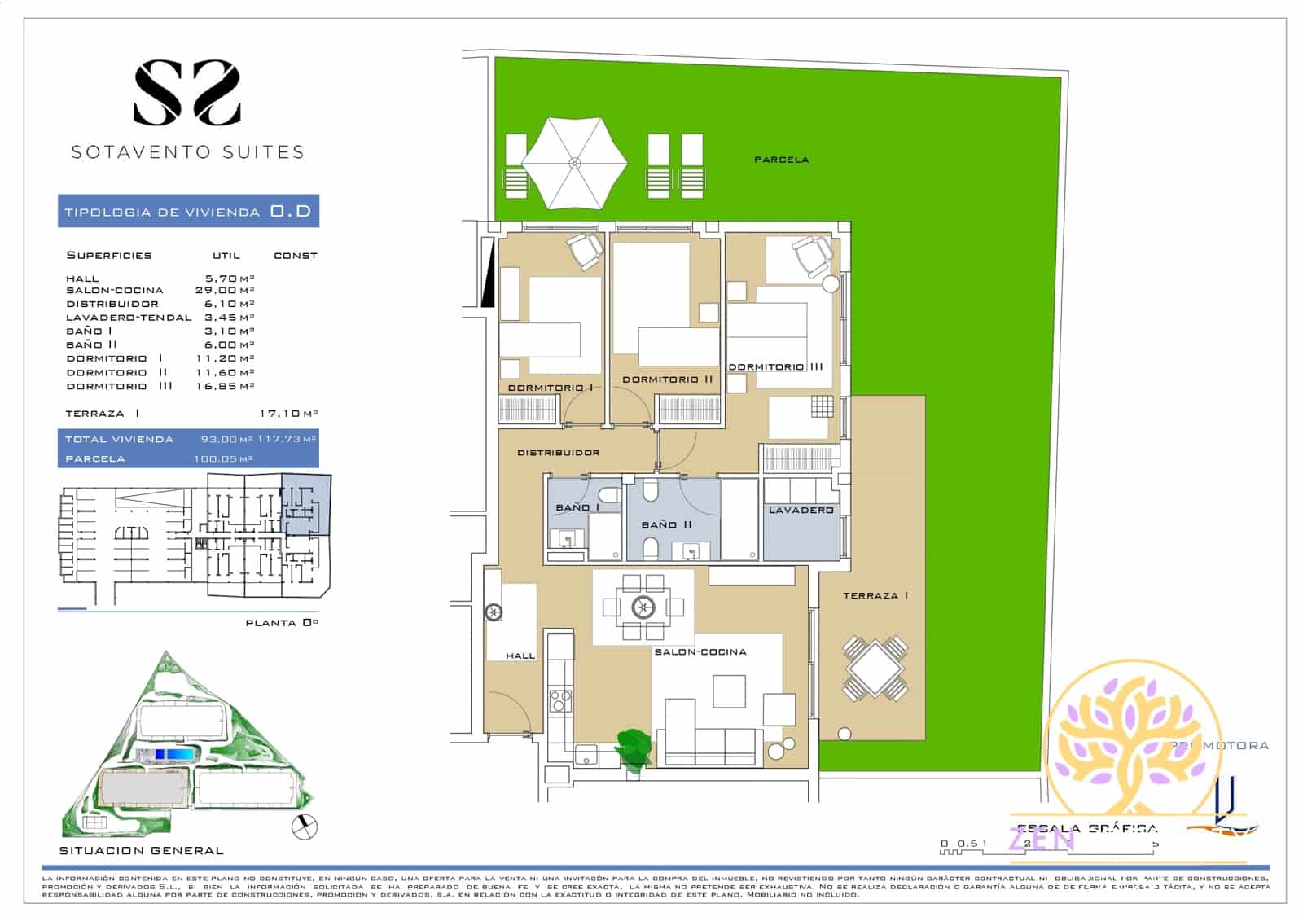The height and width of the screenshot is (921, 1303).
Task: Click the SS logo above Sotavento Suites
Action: coord(186,94)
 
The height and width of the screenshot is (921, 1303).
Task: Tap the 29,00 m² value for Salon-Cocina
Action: coord(225,290)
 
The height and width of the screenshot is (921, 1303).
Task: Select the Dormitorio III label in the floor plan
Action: coord(775,367)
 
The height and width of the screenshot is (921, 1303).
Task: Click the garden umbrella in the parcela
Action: coord(574,163)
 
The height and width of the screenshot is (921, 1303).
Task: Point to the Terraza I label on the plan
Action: coord(875,596)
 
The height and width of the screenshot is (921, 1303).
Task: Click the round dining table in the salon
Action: coord(643,607)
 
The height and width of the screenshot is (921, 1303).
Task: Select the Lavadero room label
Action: coord(801,511)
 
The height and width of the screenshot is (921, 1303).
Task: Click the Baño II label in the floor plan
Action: coord(666,524)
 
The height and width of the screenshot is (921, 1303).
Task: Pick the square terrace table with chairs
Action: coord(875,669)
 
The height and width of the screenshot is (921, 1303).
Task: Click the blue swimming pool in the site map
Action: coord(175,755)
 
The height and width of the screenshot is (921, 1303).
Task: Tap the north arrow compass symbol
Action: coord(305,827)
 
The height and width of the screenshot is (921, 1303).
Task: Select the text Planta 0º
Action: coord(282,623)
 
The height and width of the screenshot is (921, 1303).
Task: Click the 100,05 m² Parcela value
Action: coord(224,459)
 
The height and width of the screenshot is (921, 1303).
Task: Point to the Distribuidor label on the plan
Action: coord(559,453)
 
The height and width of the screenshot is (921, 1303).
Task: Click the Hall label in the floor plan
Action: coord(520,656)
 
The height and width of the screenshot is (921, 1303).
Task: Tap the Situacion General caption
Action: coord(141,851)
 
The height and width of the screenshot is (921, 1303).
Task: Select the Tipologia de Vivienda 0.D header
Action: coord(188,212)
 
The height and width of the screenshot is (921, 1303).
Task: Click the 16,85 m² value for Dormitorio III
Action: coord(225,386)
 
